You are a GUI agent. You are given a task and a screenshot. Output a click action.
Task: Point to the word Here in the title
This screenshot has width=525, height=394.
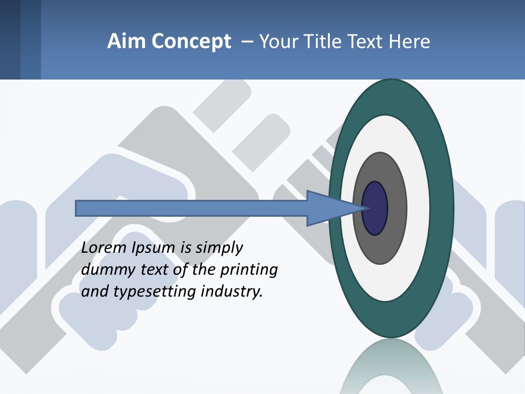pyautogui.click(x=409, y=42)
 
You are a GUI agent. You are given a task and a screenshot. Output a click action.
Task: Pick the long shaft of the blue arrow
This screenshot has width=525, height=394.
pyautogui.click(x=191, y=208)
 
